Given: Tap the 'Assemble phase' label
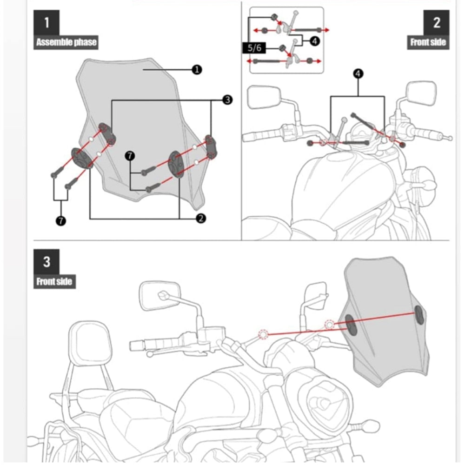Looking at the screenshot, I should tap(66, 42).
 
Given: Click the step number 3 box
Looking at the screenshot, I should tap(46, 262).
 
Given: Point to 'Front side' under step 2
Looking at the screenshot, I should tap(428, 42).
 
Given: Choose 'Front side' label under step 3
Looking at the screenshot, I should tap(54, 281).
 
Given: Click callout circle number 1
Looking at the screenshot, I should tap(197, 69).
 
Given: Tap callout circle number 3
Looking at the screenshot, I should tap(227, 100).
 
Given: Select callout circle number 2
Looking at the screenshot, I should tap(201, 218).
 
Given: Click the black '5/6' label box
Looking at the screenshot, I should tap(254, 47).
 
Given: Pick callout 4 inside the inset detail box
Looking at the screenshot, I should tap(314, 41).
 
